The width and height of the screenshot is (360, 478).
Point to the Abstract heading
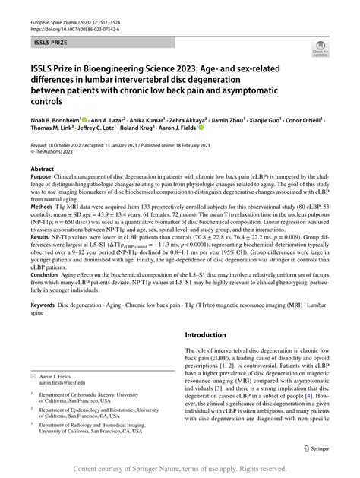pyautogui.click(x=41, y=169)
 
